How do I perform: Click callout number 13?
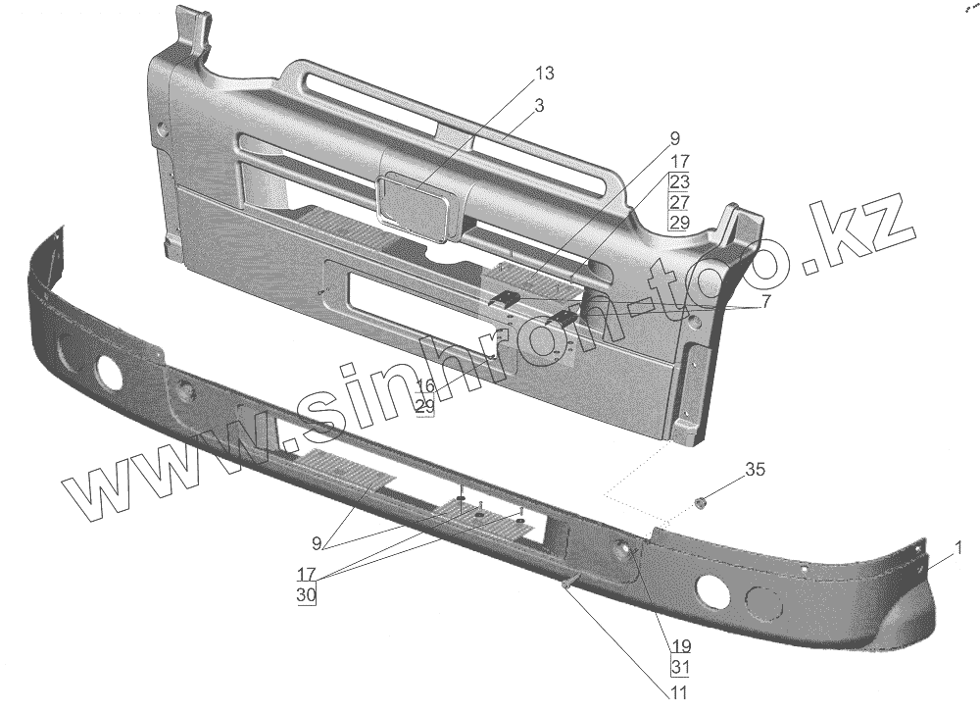pyautogui.click(x=544, y=73)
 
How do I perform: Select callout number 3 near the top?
pyautogui.click(x=540, y=104)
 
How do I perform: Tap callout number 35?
pyautogui.click(x=755, y=469)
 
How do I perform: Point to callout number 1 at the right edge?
pyautogui.click(x=958, y=546)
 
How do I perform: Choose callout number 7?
pyautogui.click(x=765, y=300)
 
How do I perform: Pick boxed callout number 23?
pyautogui.click(x=680, y=181)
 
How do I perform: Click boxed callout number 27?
pyautogui.click(x=680, y=202)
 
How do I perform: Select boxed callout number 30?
pyautogui.click(x=307, y=594)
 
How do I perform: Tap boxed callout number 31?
pyautogui.click(x=680, y=668)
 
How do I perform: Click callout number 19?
pyautogui.click(x=680, y=646)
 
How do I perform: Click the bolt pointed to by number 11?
pyautogui.click(x=568, y=585)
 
